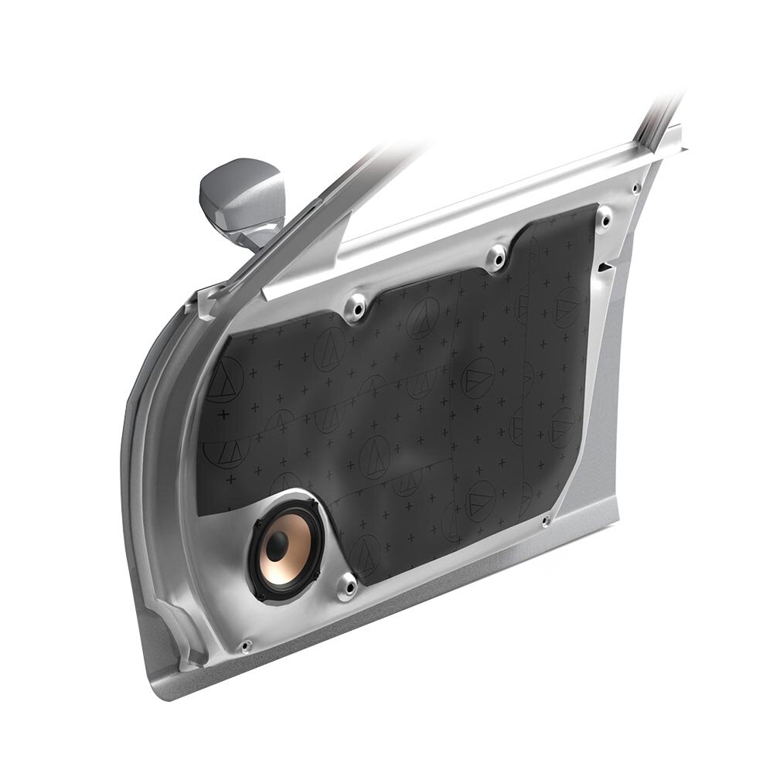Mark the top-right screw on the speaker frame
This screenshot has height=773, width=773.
(x=314, y=507)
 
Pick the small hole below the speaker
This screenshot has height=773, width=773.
(x=247, y=644)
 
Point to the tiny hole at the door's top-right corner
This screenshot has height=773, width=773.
(x=635, y=188)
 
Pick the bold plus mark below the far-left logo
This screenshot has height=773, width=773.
(x=224, y=414)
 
